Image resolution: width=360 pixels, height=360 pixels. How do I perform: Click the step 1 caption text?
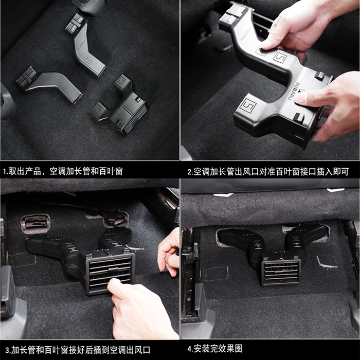[63, 171]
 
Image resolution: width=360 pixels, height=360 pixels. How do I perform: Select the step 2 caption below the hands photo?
[268, 172]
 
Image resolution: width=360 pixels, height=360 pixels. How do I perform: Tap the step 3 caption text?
[78, 350]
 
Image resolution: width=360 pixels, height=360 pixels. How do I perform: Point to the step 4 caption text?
[214, 349]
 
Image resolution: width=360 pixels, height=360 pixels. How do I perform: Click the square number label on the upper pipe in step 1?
[89, 60]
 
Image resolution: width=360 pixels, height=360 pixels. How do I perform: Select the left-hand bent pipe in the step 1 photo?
[49, 84]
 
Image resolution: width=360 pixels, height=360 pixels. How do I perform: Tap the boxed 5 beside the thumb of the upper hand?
[280, 58]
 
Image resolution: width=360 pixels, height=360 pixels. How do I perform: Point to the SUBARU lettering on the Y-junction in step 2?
[293, 91]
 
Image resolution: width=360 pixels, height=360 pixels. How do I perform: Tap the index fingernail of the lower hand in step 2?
[299, 99]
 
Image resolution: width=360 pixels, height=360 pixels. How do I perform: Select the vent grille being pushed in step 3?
[110, 274]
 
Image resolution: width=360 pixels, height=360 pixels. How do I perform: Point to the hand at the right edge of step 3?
[169, 252]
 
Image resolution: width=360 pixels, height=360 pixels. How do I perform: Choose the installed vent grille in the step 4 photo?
[281, 273]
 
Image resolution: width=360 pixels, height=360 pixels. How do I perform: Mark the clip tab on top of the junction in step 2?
[319, 75]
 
